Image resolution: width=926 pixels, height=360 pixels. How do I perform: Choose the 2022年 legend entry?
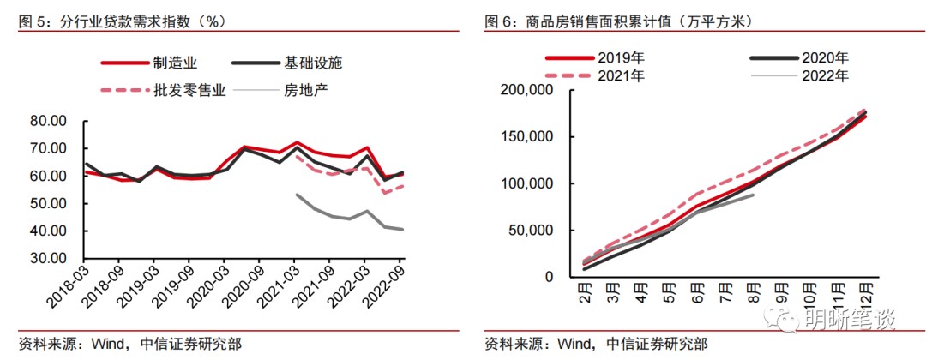(x=824, y=75)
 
